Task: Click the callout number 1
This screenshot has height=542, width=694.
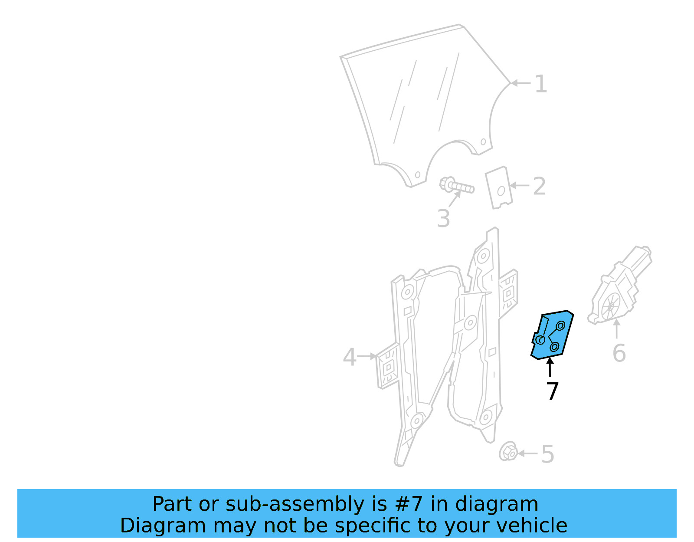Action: (540, 84)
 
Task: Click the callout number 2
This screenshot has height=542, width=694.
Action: (539, 186)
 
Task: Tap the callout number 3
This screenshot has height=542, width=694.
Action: (443, 218)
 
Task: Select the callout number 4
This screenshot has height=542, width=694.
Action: (349, 357)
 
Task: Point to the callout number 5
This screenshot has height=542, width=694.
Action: (547, 454)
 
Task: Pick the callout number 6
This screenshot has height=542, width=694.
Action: (619, 353)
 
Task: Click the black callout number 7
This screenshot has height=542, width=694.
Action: (552, 391)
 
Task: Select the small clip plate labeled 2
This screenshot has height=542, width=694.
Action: (499, 187)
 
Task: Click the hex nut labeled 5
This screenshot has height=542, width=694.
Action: (508, 452)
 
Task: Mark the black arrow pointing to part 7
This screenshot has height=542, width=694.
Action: (550, 367)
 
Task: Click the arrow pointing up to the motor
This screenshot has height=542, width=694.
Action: (616, 328)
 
